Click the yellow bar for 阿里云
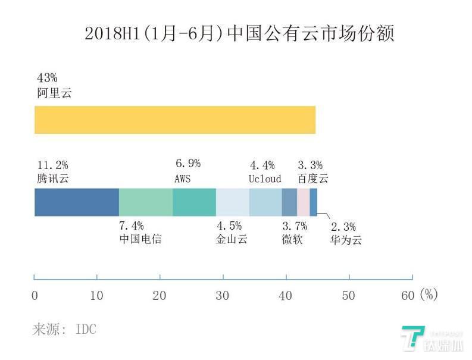tap(174, 120)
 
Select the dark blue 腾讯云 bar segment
tap(76, 202)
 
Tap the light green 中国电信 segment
tap(146, 202)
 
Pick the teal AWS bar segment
tap(194, 202)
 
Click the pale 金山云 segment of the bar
tap(232, 202)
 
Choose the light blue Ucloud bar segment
tap(265, 202)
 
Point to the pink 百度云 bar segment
tap(303, 202)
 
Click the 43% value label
tap(47, 79)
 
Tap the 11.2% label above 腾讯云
tap(52, 165)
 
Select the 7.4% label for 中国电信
tap(132, 226)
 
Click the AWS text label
tap(183, 179)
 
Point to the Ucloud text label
tap(265, 179)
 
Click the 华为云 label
tap(346, 240)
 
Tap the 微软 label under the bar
tap(292, 240)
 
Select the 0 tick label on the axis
tap(35, 295)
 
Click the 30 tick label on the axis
tap(223, 295)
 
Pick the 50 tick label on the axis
tap(348, 295)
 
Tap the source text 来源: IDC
tap(64, 329)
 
